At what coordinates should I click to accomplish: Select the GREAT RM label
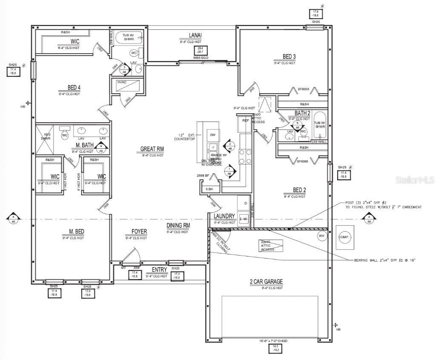click(x=152, y=149)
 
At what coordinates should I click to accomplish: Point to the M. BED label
click(x=77, y=231)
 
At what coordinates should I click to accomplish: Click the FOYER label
click(x=139, y=232)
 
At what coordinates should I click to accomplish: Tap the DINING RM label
click(x=178, y=225)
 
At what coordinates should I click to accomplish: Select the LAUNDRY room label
click(x=225, y=216)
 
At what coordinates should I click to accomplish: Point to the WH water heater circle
click(x=321, y=235)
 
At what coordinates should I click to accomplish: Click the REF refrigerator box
click(x=246, y=121)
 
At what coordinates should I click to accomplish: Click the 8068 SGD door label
click(x=200, y=58)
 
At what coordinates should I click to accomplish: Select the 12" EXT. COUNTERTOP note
click(x=186, y=137)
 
